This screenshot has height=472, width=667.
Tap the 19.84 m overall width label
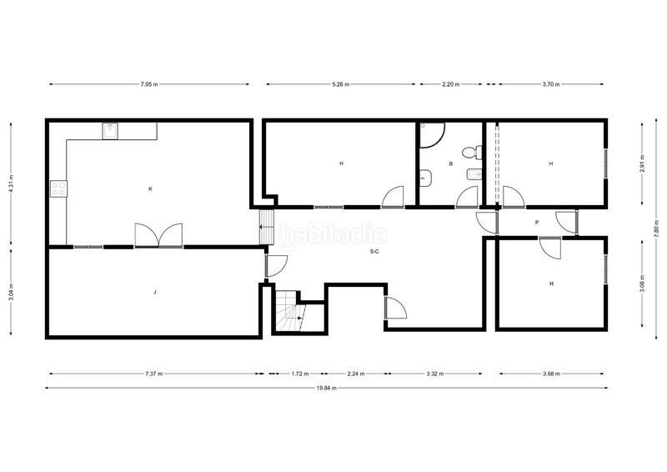click(x=326, y=388)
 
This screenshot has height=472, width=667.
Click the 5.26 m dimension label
click(x=340, y=84)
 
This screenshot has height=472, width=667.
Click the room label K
click(x=150, y=189)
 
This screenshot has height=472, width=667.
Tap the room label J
click(x=155, y=293)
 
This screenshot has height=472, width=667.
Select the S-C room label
click(x=375, y=251)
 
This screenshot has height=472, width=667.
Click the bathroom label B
click(x=450, y=164)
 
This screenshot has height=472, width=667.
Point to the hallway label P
click(x=537, y=223)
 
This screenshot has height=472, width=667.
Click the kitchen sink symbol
click(x=110, y=131)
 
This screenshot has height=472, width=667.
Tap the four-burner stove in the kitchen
click(x=58, y=189)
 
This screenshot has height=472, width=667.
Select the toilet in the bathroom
click(x=472, y=153)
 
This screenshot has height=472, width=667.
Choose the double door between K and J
click(x=158, y=235)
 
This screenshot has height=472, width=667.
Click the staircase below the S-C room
click(x=287, y=313)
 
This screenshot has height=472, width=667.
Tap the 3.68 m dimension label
click(x=550, y=373)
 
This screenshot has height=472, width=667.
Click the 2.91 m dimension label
click(x=642, y=163)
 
